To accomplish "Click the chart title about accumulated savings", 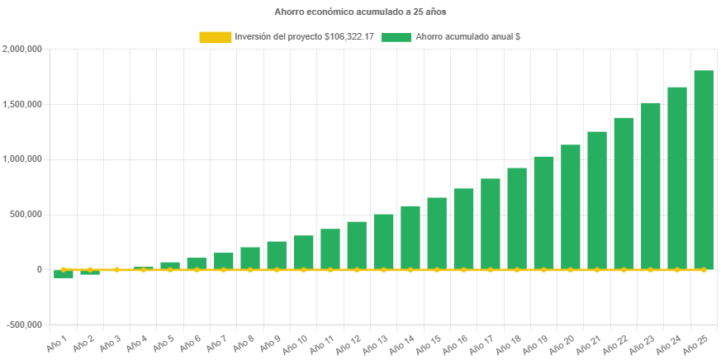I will [x=360, y=12].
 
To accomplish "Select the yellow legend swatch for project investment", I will [x=215, y=37].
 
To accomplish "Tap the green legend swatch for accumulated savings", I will [x=396, y=37].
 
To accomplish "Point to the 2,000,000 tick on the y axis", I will [x=22, y=50].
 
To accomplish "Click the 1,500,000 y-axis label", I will [x=22, y=104].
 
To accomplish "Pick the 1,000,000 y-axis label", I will [x=22, y=159].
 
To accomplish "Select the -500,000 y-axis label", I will [x=25, y=324].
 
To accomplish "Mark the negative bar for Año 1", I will [x=64, y=274].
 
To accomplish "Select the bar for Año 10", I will [x=303, y=252].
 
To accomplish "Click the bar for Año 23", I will [x=650, y=186].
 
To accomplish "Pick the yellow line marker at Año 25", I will [x=704, y=269].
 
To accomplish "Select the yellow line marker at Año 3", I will [x=116, y=269].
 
